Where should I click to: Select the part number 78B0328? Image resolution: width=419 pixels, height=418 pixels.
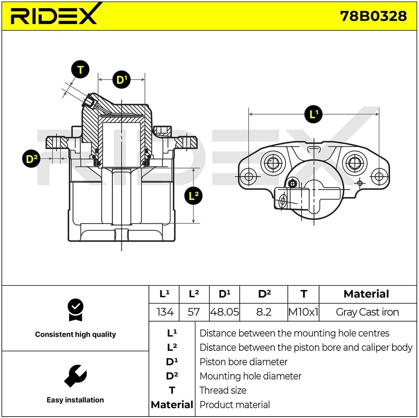tap(373, 16)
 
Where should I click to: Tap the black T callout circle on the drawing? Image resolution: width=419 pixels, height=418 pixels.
tap(80, 69)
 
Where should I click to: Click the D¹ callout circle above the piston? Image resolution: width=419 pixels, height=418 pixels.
tap(122, 80)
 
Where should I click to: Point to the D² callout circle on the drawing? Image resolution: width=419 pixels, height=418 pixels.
tap(31, 159)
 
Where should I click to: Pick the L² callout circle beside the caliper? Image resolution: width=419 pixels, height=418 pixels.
tap(194, 196)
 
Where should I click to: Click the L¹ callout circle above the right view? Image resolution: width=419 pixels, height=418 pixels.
tap(313, 114)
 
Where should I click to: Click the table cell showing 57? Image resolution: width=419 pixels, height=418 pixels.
tap(194, 312)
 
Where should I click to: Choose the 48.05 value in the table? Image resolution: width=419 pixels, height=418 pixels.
tap(224, 312)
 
